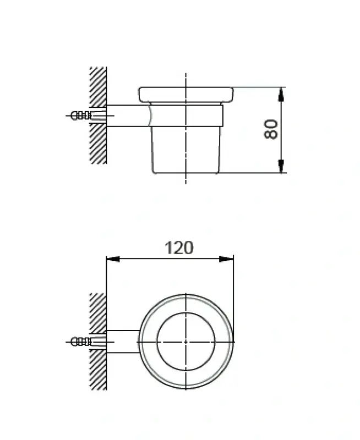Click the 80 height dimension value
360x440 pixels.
(271, 129)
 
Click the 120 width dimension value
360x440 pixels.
(179, 248)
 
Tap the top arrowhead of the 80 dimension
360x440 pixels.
(281, 94)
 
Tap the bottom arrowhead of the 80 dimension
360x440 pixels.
(281, 166)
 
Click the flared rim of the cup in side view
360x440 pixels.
(186, 95)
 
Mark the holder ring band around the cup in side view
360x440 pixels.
(187, 116)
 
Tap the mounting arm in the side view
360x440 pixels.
(127, 116)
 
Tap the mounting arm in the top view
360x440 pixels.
(122, 342)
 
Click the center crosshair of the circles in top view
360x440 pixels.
(186, 342)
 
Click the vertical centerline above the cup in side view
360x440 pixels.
(186, 80)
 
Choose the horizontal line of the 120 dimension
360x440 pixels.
(143, 259)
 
